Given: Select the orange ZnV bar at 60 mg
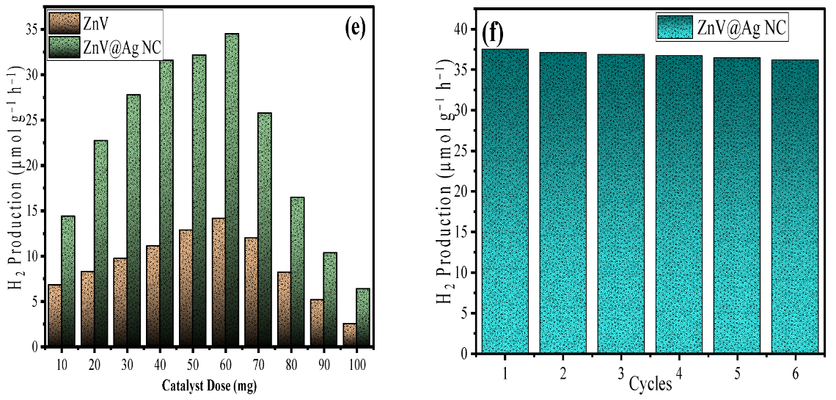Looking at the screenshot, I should tap(219, 282).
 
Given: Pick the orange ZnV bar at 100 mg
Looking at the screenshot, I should tap(350, 335).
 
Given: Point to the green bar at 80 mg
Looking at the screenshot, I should tap(297, 272).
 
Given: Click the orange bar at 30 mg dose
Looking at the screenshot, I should tap(120, 302).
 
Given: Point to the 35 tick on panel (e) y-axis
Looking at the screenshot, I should tap(33, 30).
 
